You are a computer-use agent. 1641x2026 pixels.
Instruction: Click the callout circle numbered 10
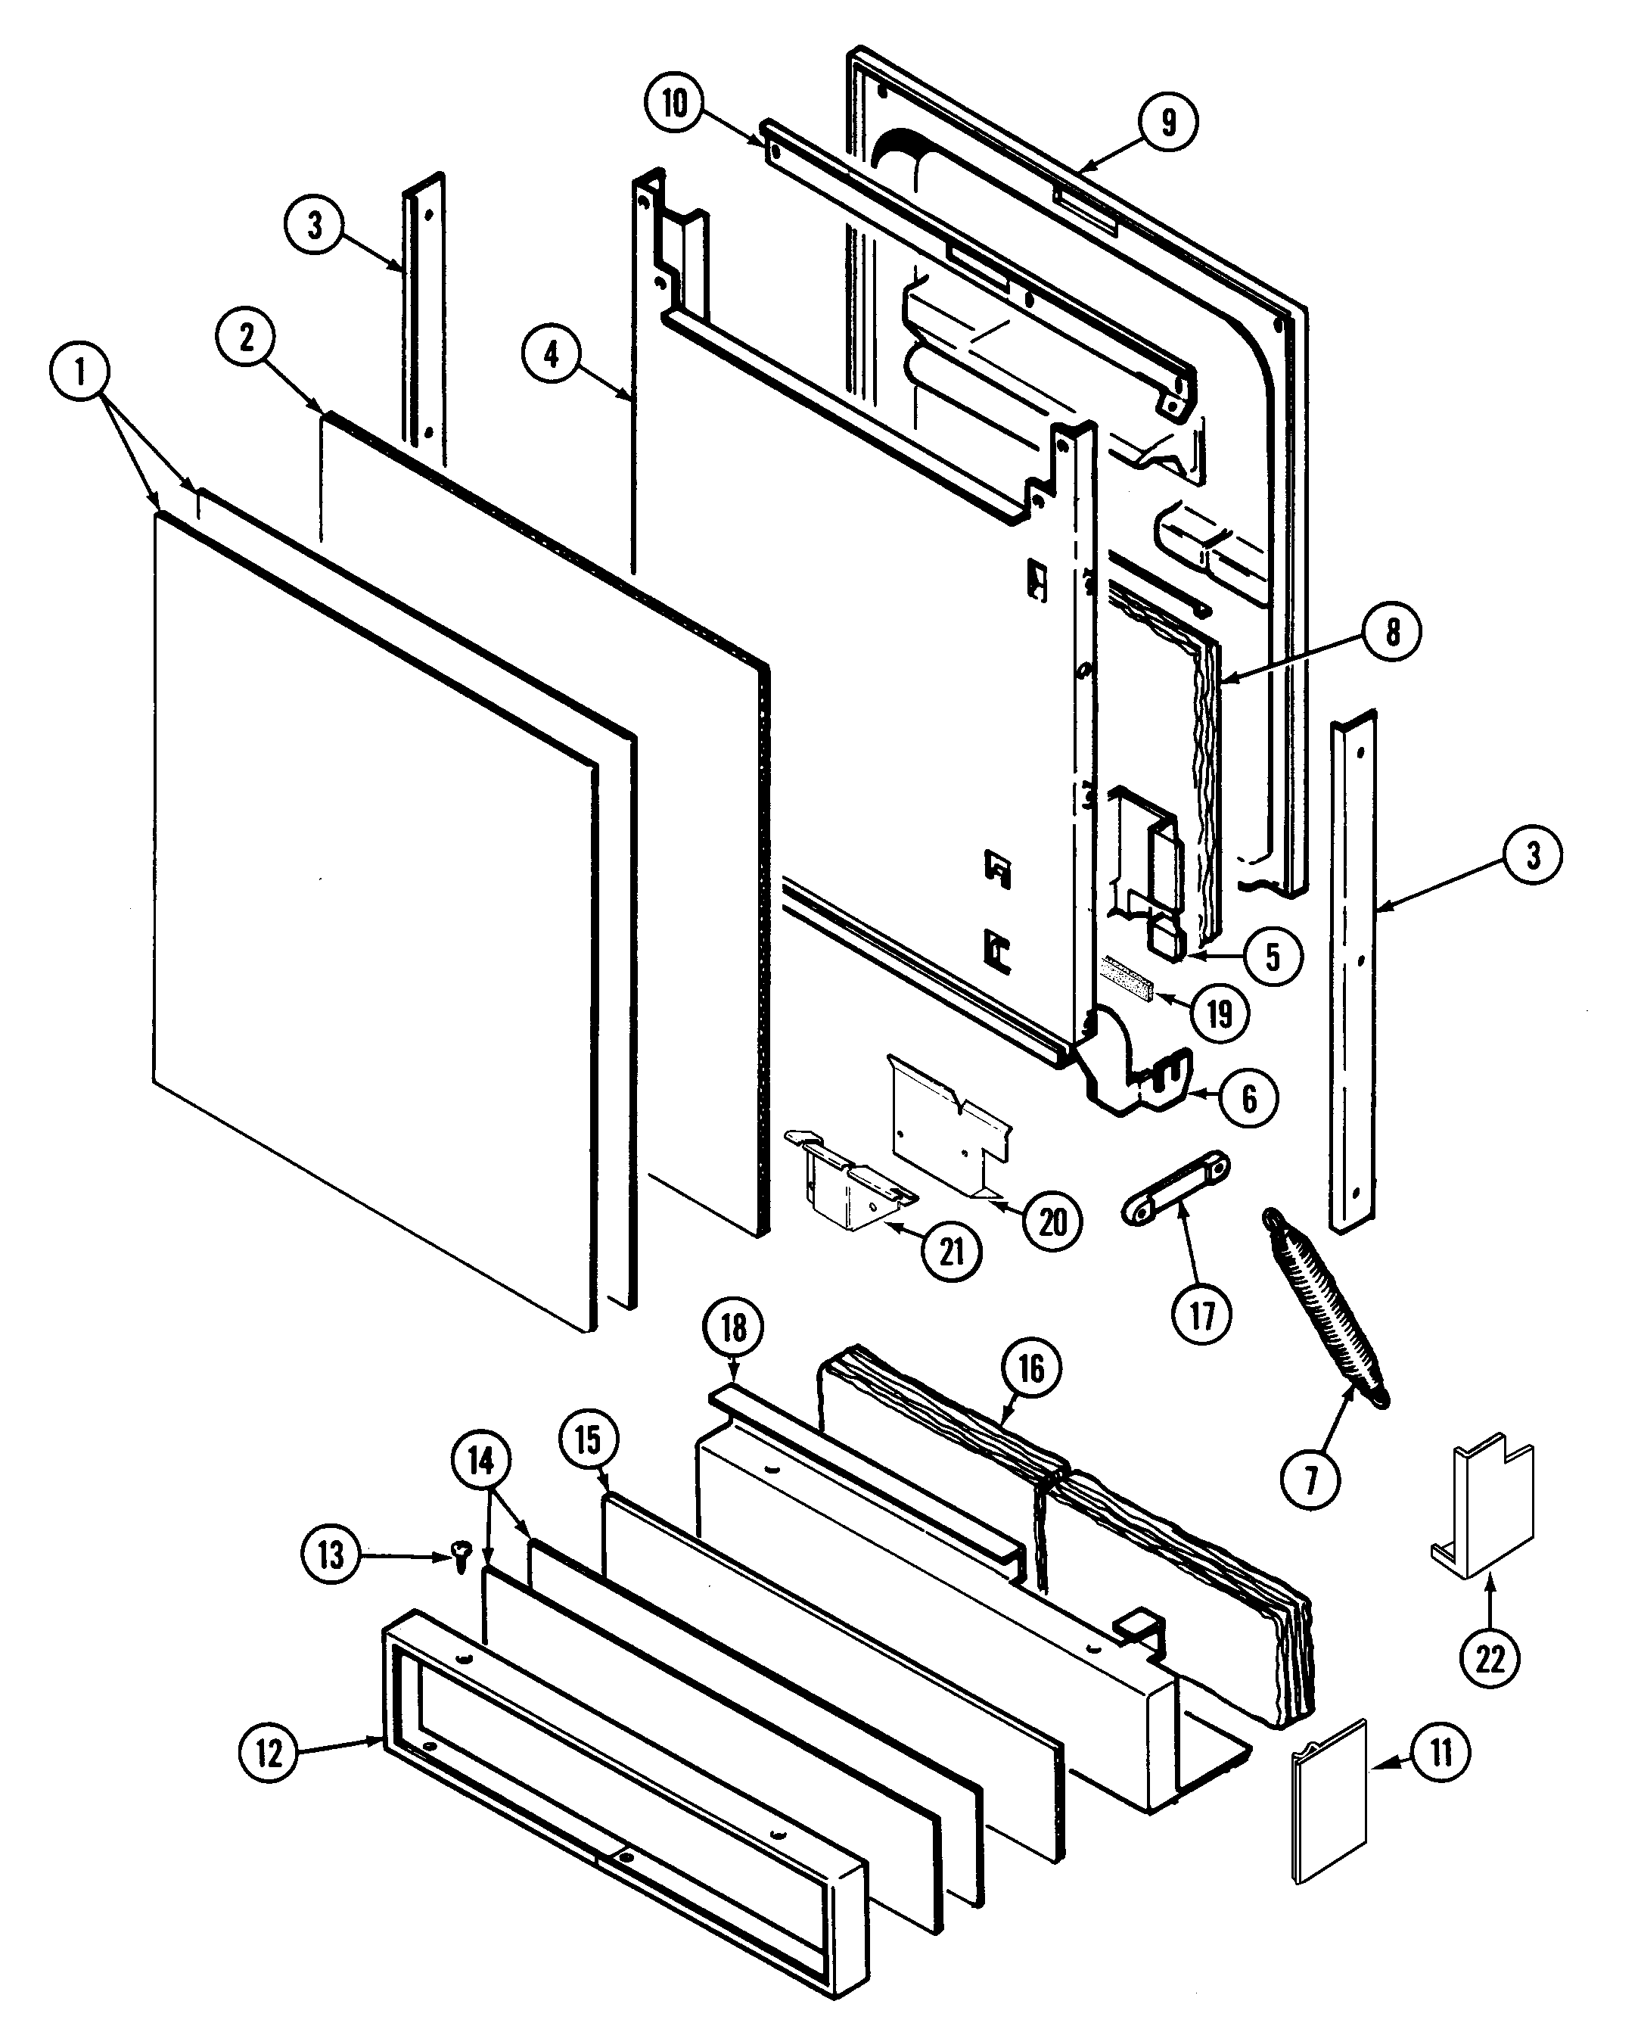point(675,103)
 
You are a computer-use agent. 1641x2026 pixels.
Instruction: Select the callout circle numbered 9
point(1168,121)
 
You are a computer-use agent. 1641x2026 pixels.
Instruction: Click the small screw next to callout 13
point(462,1555)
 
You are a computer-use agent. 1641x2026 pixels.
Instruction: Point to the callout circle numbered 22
point(1490,1657)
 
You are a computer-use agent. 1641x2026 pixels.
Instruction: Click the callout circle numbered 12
point(269,1754)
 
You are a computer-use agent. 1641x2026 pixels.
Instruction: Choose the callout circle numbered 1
point(79,372)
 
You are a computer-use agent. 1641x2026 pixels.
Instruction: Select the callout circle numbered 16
point(1030,1368)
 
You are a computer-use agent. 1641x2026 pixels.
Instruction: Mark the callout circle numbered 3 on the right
point(1532,854)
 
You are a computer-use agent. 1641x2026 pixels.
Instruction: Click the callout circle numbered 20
point(1052,1222)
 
